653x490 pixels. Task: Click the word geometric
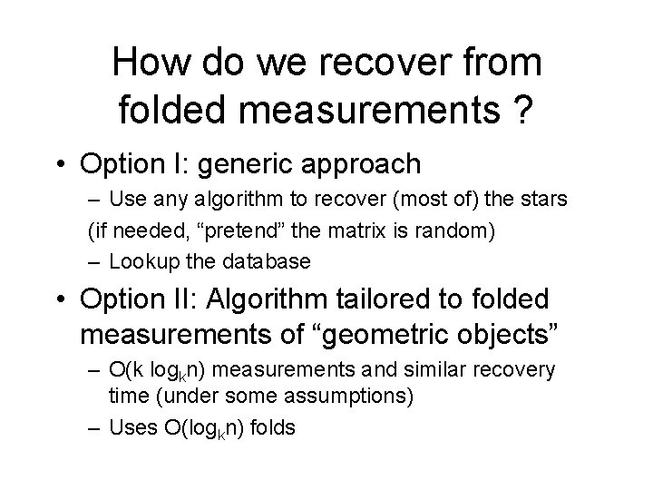tap(361, 334)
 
